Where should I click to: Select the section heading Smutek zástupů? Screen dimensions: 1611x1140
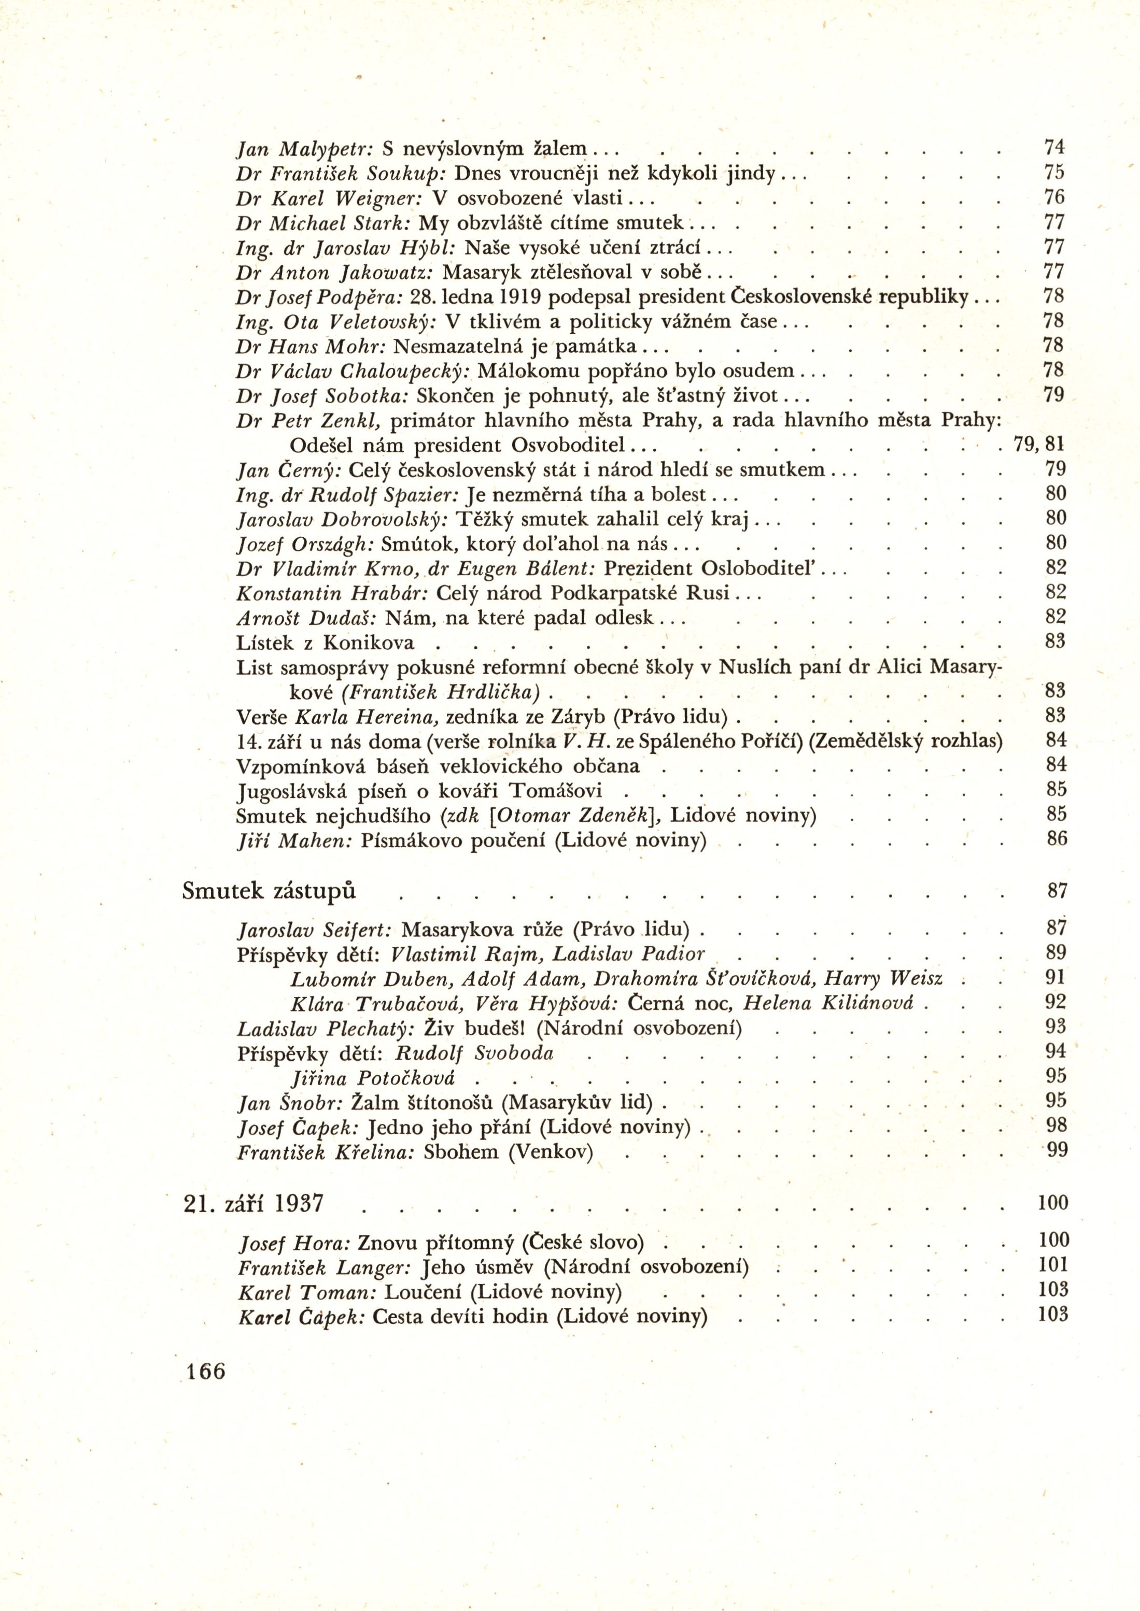pyautogui.click(x=269, y=891)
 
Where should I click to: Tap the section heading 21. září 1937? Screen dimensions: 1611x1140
pyautogui.click(x=252, y=1203)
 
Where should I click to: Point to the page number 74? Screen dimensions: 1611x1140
pyautogui.click(x=1054, y=147)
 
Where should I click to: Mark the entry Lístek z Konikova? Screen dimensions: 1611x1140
pyautogui.click(x=326, y=643)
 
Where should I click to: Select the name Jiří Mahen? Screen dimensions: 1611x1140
pyautogui.click(x=295, y=840)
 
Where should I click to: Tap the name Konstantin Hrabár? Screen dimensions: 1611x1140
pyautogui.click(x=331, y=594)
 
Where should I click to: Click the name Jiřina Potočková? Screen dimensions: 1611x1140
pyautogui.click(x=373, y=1078)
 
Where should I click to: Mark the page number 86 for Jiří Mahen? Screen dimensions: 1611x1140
pyautogui.click(x=1057, y=838)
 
